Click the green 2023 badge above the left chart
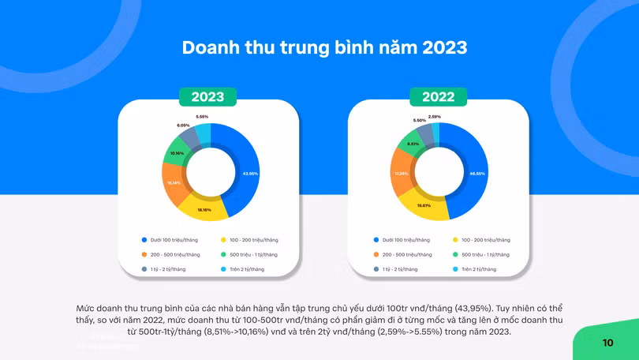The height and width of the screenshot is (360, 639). (x=207, y=97)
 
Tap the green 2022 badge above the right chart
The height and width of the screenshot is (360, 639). (x=438, y=97)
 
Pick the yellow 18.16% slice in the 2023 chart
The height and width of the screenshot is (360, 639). (x=204, y=209)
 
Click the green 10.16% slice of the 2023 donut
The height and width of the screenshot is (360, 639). (x=177, y=153)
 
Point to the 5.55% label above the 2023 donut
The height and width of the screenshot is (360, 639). (x=203, y=116)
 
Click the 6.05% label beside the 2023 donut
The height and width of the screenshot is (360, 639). (x=183, y=125)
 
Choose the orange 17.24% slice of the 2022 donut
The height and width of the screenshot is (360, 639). (x=402, y=174)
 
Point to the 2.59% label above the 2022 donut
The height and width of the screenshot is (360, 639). (x=435, y=116)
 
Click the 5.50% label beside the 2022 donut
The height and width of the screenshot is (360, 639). (x=419, y=120)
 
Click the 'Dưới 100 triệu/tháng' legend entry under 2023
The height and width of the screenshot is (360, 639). (x=170, y=240)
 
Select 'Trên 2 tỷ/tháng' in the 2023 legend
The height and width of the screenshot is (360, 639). (x=242, y=269)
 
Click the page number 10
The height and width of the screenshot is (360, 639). (x=607, y=343)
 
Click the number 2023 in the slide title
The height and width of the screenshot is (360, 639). (x=444, y=47)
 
